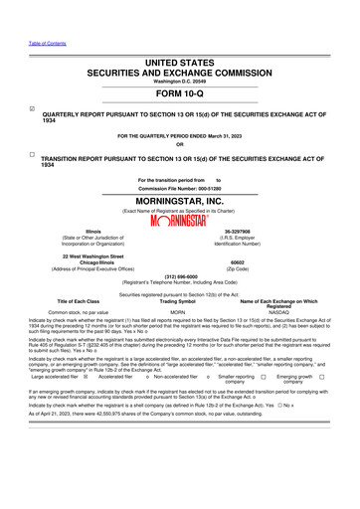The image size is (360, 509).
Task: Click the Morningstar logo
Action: [180, 221]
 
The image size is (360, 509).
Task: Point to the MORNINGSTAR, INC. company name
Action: [180, 201]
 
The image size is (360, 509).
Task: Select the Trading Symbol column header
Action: [179, 301]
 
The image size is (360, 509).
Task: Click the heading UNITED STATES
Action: [180, 62]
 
